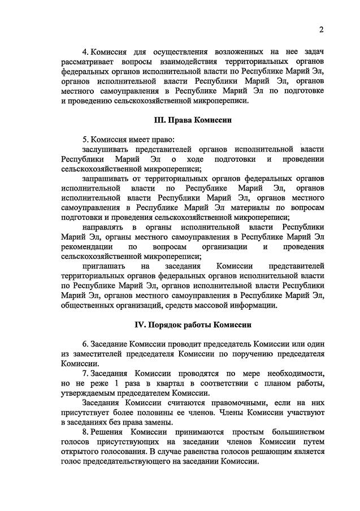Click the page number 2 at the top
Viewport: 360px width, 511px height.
click(321, 30)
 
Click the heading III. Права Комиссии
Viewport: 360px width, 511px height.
click(193, 120)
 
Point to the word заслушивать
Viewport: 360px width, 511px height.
click(106, 149)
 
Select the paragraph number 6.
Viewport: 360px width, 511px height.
click(85, 344)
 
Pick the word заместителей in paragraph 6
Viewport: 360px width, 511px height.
click(98, 354)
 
